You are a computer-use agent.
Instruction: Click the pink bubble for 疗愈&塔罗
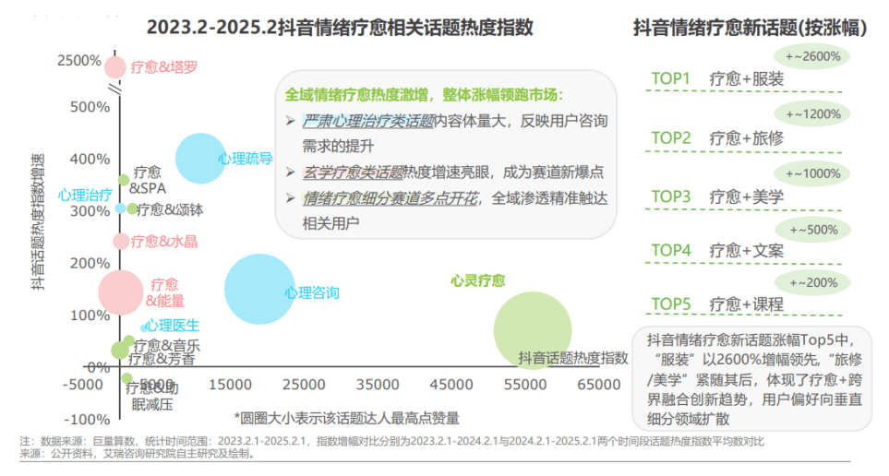click(114, 66)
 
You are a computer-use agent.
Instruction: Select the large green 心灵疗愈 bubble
click(532, 329)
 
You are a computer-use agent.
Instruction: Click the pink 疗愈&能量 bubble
click(121, 292)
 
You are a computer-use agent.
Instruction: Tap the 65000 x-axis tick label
click(599, 383)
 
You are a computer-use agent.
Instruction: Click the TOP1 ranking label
click(671, 78)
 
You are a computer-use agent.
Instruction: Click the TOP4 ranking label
click(671, 250)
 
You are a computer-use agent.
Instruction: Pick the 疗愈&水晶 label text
click(163, 242)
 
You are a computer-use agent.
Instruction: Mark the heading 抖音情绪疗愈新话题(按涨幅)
click(749, 27)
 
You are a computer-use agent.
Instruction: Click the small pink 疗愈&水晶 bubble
click(120, 242)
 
